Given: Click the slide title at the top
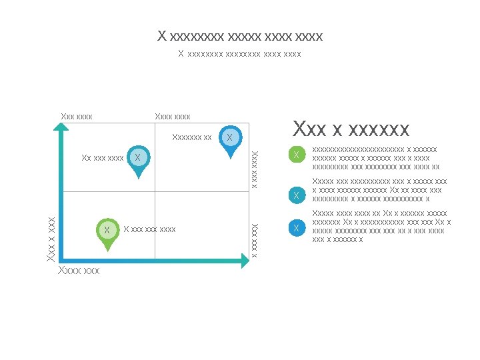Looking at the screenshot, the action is [x=240, y=35].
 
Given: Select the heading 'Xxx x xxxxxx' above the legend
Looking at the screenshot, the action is [x=351, y=128].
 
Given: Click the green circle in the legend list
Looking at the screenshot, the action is [x=296, y=155].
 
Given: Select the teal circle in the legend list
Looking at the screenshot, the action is [x=296, y=195].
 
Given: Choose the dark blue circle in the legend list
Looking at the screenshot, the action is [x=296, y=229].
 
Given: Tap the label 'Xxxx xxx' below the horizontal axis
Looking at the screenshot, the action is [x=79, y=271].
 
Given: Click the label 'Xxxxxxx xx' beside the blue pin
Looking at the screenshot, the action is [x=191, y=138].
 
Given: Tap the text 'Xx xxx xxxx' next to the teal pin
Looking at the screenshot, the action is [x=102, y=158].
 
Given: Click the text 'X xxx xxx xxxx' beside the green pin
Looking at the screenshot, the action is [x=150, y=229].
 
